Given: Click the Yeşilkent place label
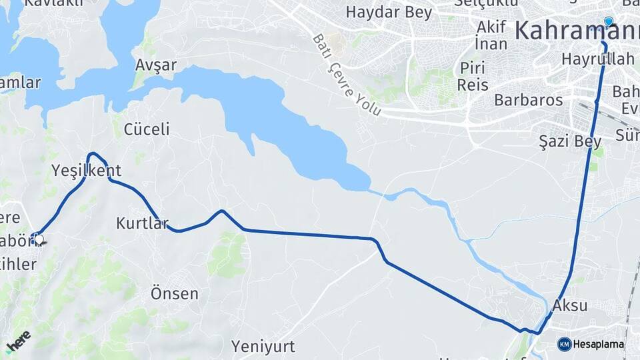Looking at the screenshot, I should tap(87, 171).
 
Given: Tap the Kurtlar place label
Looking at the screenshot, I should tap(143, 223).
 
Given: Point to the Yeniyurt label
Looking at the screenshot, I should tap(263, 346).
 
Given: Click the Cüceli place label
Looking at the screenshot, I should tap(147, 129).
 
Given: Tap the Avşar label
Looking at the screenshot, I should tap(155, 65).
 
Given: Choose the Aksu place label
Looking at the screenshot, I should tap(570, 306).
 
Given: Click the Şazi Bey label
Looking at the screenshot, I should tap(570, 141).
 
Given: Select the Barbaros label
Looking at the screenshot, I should tap(529, 101).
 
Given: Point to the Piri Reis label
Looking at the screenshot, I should tap(473, 76).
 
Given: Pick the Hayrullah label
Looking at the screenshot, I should tap(598, 59).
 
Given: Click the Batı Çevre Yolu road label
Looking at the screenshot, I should tap(347, 75).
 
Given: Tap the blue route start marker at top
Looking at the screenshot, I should tap(608, 21).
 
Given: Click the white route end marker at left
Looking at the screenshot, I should tap(39, 239).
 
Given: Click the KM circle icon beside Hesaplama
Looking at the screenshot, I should tap(565, 344).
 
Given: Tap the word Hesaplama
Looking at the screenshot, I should tap(598, 345).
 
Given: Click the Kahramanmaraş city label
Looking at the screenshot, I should tap(577, 30).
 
